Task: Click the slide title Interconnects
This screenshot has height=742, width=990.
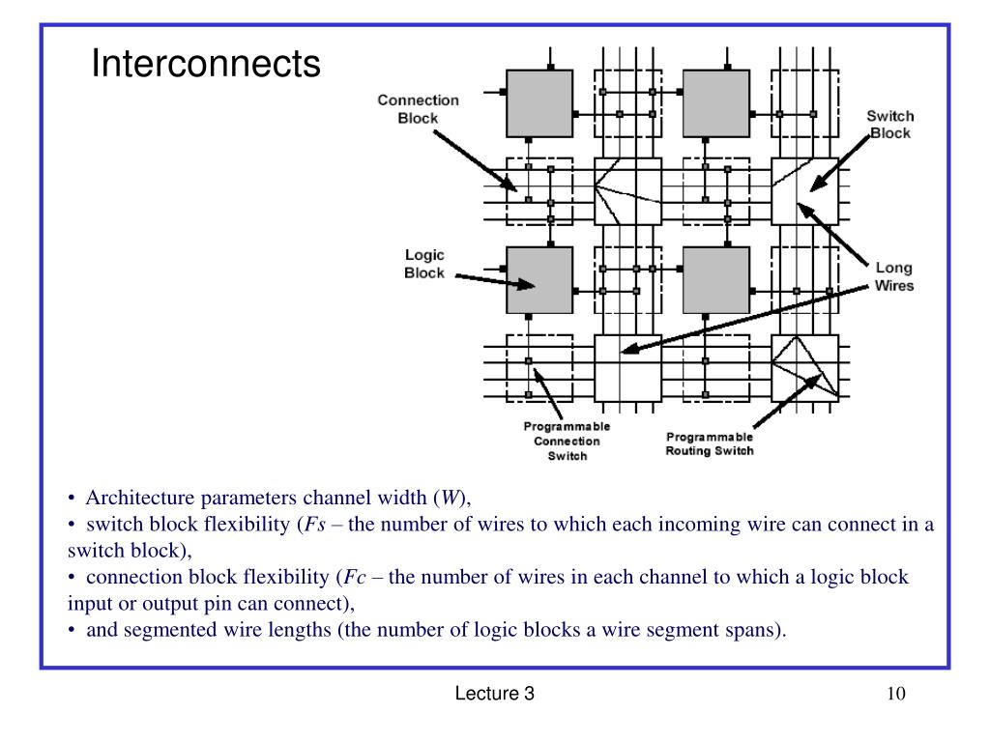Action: (x=205, y=65)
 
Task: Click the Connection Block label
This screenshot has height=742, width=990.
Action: (x=418, y=108)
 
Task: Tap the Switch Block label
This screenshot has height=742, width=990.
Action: (x=889, y=125)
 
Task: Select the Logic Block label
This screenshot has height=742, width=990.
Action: (x=423, y=264)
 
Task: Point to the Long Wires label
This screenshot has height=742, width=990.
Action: (x=893, y=276)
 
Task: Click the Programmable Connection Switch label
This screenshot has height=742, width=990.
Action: (x=567, y=442)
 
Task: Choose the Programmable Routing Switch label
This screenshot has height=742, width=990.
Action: (x=710, y=442)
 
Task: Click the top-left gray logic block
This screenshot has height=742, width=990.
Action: (x=539, y=103)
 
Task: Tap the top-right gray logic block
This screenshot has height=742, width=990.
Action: (x=716, y=103)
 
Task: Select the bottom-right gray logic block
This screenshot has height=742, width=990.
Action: (x=716, y=280)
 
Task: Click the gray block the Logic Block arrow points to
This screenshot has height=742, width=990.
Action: (x=539, y=280)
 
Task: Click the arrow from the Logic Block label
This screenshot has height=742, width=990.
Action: (x=493, y=281)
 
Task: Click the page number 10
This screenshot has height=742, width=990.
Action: (x=893, y=695)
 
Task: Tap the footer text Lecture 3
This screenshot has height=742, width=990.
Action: (x=495, y=695)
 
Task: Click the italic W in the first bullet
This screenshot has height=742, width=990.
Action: (x=450, y=499)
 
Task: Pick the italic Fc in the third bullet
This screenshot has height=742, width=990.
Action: (x=353, y=578)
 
